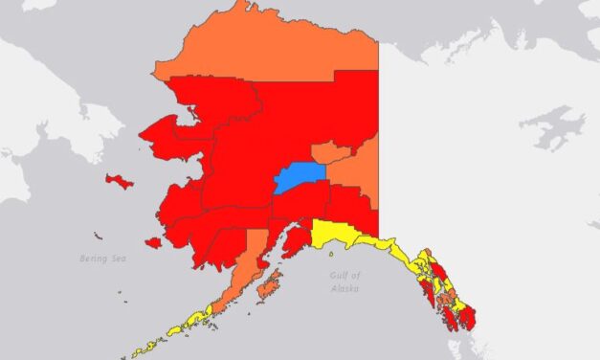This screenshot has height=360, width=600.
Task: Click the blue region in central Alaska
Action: pos(298,177)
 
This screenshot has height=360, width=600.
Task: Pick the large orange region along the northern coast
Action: pos(268,48)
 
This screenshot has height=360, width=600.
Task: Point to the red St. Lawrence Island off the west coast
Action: pos(119,181)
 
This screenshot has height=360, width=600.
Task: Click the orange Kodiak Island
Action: pos(271,283)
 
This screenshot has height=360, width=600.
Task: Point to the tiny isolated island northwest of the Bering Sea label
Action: pos(98,235)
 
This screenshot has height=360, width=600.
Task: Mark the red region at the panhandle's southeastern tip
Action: pos(470,322)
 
